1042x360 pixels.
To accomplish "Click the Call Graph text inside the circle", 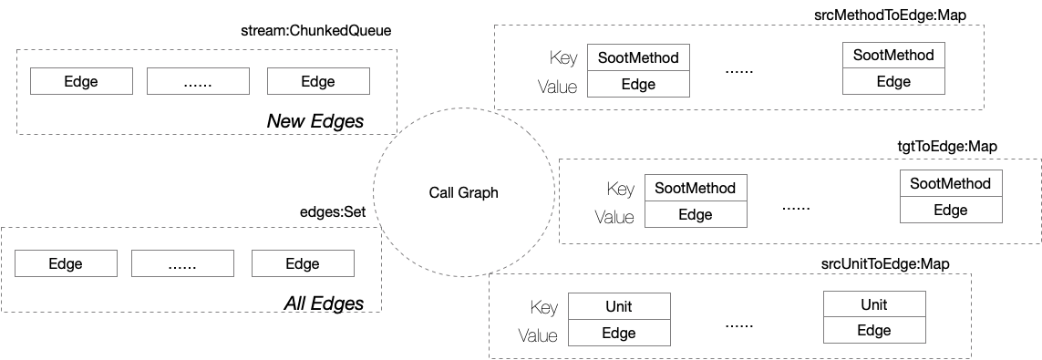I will (463, 193).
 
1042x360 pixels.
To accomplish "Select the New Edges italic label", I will (315, 121).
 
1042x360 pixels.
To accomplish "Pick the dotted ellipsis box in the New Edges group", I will (198, 82).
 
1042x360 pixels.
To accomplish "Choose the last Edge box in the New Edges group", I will (318, 82).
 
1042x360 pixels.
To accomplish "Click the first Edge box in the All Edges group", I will (66, 264).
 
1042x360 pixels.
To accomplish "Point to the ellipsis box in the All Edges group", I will (182, 264).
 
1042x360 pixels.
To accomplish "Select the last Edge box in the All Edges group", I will (303, 264).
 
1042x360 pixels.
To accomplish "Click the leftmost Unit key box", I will (619, 306).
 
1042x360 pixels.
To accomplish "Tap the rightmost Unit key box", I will (874, 304).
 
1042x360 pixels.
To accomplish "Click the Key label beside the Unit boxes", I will (543, 307).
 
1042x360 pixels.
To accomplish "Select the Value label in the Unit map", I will (538, 335).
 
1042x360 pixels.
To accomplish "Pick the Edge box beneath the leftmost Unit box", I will (619, 334).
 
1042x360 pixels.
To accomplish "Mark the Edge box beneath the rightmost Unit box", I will (874, 331).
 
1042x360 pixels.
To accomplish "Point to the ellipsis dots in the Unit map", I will (739, 323).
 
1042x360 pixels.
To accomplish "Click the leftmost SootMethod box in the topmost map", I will (638, 57).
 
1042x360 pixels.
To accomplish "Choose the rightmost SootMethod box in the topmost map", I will (893, 55).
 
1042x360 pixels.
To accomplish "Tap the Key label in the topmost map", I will (563, 58).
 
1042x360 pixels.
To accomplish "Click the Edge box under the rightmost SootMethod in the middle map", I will (950, 210).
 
